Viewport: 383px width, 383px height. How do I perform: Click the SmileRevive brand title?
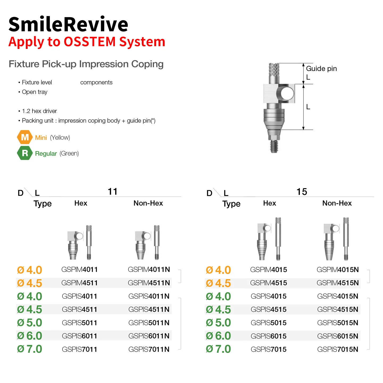coord(68,24)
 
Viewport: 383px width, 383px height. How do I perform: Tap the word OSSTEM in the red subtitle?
coord(90,42)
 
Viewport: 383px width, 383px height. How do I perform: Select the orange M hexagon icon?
coord(25,137)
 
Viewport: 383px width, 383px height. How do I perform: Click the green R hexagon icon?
coord(25,153)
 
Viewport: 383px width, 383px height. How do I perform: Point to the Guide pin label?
coord(321,69)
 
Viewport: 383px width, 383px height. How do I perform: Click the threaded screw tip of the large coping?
coord(274,146)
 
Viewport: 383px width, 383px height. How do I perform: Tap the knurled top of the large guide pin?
coord(274,70)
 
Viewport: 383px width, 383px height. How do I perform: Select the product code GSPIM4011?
coord(80,270)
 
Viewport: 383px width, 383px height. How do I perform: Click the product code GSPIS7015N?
coord(338,349)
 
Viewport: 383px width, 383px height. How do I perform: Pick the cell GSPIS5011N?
coord(149,323)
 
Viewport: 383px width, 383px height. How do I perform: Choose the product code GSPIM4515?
coord(268,283)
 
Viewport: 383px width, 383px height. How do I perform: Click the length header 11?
coord(113,192)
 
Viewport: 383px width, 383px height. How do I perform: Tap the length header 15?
coord(302,192)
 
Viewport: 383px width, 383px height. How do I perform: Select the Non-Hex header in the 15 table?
coord(337,203)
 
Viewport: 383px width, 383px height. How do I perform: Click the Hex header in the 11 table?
coord(81,203)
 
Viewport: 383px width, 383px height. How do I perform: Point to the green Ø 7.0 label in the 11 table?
coord(30,349)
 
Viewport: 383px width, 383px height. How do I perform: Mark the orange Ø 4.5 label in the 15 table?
coord(218,283)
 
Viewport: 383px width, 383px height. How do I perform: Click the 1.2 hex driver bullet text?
coord(39,111)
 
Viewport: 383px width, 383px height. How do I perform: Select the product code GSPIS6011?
coord(80,336)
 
